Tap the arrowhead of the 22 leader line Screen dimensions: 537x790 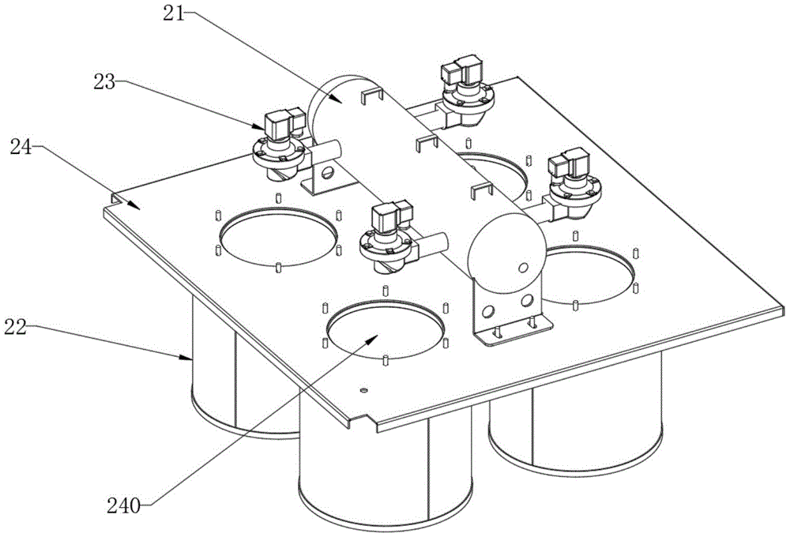coord(191,360)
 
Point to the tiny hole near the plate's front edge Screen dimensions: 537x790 coord(363,389)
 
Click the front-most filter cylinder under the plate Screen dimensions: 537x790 coord(386,474)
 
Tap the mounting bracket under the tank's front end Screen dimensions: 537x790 coord(506,316)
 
